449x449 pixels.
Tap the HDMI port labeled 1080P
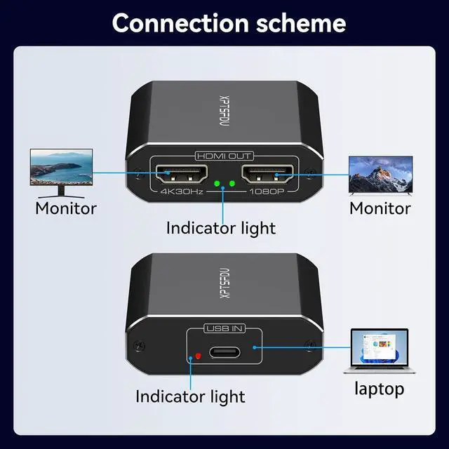pos(267,173)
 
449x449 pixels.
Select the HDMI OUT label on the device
pos(224,156)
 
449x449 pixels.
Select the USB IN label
pos(224,328)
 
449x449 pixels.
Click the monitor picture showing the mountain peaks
pos(380,170)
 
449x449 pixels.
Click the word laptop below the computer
pos(379,387)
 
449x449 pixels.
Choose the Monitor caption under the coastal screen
pos(66,208)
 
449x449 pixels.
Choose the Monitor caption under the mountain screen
pos(380,208)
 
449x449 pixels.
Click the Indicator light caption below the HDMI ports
pos(221,228)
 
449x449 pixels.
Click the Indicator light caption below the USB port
pos(190,396)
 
